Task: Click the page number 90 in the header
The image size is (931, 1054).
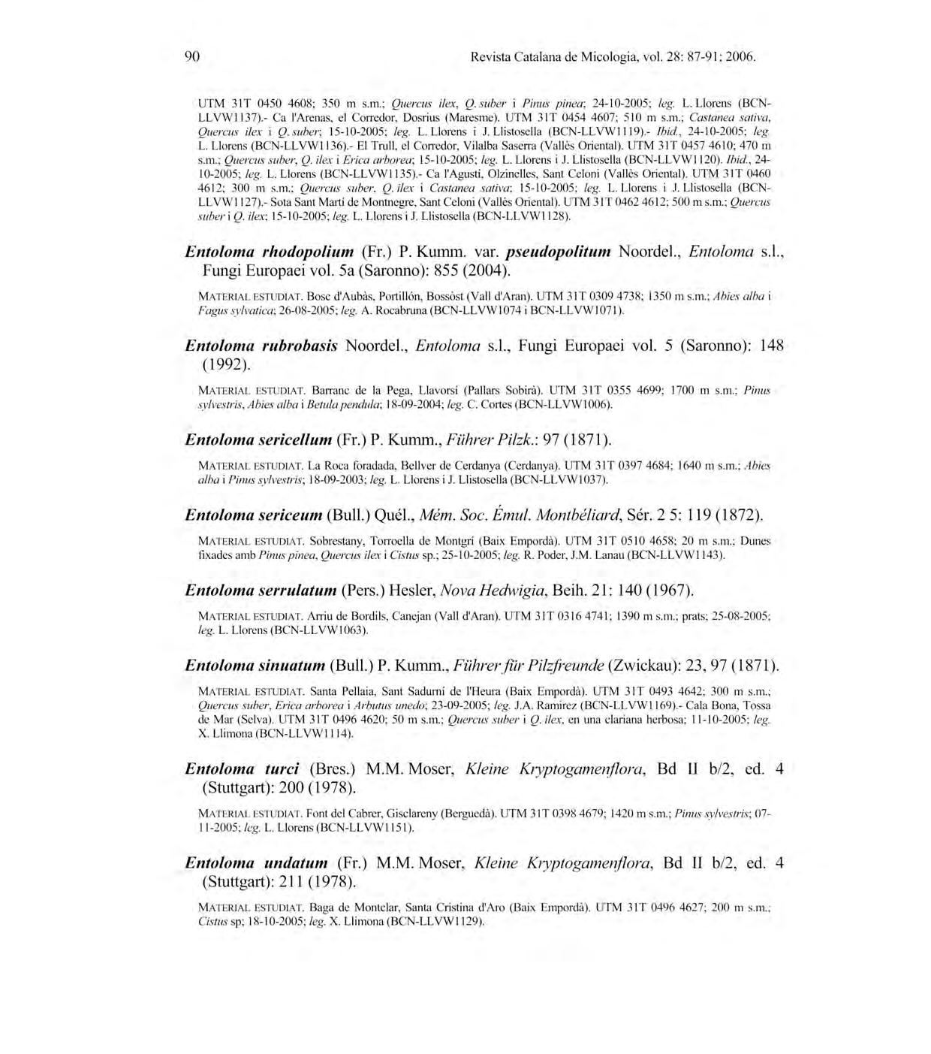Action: [191, 56]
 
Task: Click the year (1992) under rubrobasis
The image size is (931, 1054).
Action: [226, 365]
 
